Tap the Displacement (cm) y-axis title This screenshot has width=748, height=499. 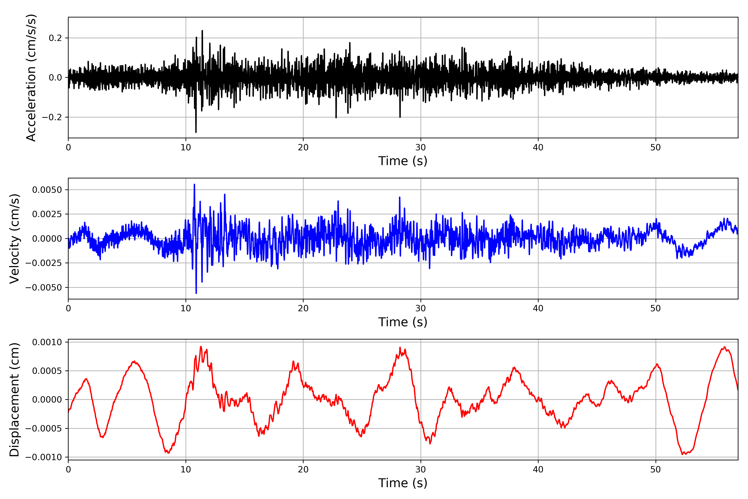14,400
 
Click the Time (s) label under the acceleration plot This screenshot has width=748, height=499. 403,161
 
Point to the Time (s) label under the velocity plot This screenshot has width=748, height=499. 403,322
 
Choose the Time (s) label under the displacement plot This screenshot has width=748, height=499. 403,483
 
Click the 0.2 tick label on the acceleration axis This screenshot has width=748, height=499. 55,38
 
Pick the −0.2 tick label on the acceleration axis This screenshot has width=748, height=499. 52,117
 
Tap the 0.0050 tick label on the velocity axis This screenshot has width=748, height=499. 47,190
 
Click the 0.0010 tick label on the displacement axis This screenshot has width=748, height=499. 47,342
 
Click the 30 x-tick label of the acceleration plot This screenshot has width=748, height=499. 420,148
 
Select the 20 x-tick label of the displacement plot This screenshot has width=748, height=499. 303,469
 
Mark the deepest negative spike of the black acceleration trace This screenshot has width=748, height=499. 196,132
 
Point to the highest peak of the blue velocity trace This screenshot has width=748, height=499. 194,185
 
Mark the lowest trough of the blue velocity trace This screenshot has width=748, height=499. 196,293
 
